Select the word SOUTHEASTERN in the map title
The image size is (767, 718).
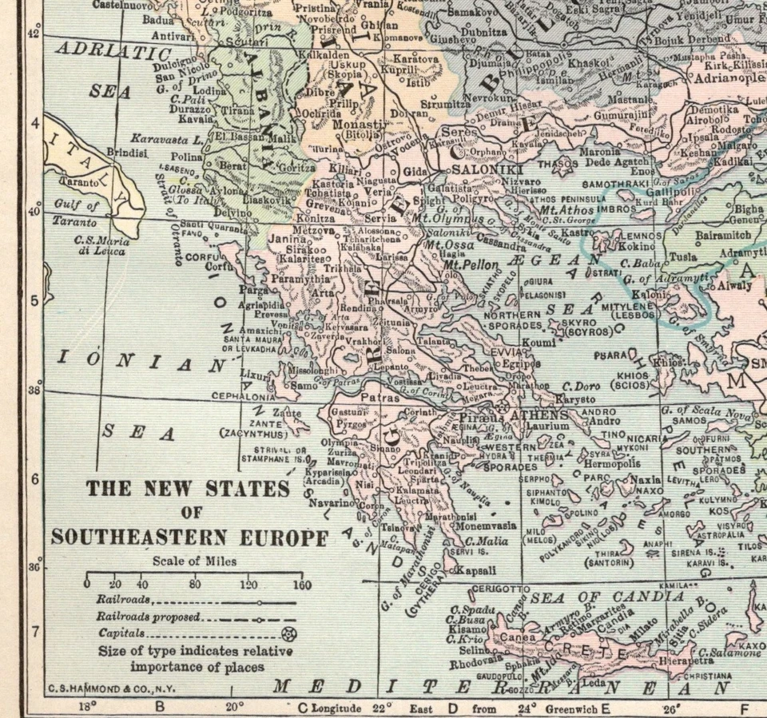point(189,538)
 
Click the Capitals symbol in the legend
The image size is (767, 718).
point(289,634)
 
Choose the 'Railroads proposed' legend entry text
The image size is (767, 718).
point(148,617)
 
